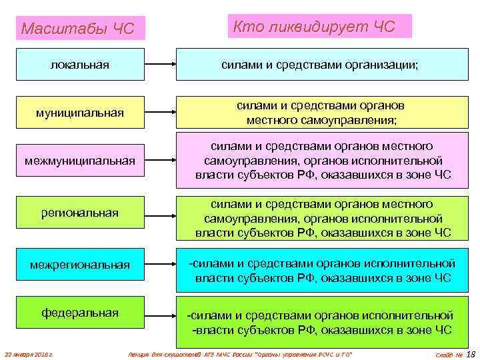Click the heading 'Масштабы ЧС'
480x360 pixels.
pos(79,29)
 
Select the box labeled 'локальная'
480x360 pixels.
pos(81,65)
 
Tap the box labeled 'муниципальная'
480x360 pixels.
pos(81,112)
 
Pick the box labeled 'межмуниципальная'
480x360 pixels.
pos(81,161)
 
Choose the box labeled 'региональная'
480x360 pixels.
pos(81,213)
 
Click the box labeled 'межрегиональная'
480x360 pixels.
pos(81,265)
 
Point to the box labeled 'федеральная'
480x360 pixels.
pos(81,313)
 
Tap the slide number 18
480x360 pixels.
pos(471,353)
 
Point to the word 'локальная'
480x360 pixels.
pos(81,65)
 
